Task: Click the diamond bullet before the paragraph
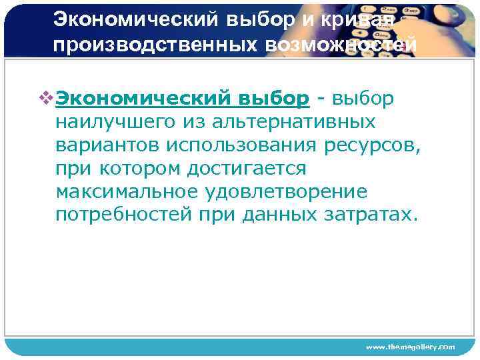[x=47, y=99]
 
